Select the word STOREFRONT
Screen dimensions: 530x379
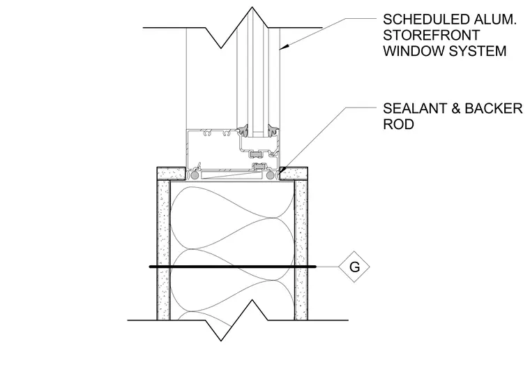(431, 35)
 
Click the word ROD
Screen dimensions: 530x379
(398, 124)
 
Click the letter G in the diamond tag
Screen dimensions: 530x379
(354, 267)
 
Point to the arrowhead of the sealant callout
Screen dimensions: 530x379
(282, 170)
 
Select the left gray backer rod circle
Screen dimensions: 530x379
(195, 175)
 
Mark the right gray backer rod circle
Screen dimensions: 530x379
(270, 175)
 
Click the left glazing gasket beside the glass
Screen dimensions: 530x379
(243, 131)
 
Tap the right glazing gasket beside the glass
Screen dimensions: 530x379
(273, 131)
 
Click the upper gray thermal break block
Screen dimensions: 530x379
(257, 154)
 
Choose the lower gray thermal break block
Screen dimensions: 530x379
(260, 166)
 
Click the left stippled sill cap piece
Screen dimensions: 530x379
(171, 174)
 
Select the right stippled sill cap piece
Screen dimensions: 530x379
(294, 174)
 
